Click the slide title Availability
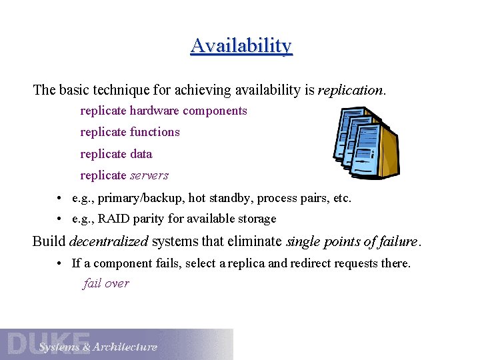(x=241, y=46)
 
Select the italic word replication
(x=351, y=90)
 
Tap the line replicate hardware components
(x=163, y=111)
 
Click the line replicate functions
(x=130, y=132)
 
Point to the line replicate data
(x=116, y=154)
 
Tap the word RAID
(x=113, y=219)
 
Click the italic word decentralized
(x=109, y=241)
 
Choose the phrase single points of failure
(x=351, y=241)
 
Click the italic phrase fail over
(x=106, y=283)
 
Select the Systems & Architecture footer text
(x=98, y=347)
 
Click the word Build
(x=49, y=241)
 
